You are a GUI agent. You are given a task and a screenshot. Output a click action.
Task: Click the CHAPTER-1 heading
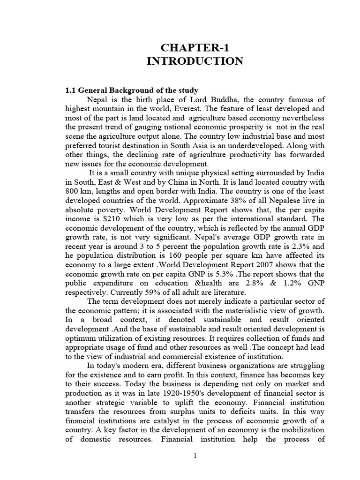coord(195,47)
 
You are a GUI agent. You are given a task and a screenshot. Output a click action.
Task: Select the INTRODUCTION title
coord(195,61)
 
